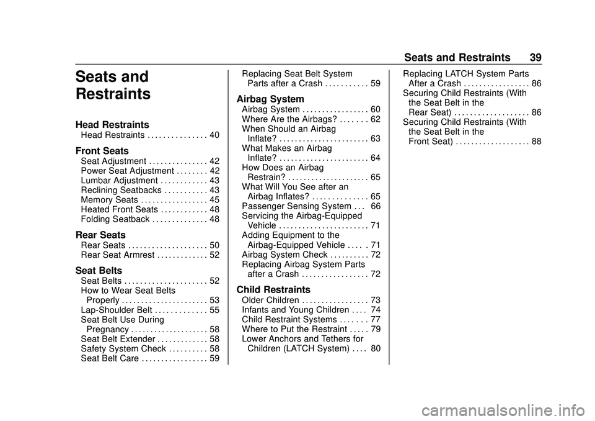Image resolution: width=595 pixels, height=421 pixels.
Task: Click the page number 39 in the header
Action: coord(535,57)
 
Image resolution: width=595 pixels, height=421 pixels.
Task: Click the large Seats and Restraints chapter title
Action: coord(112,86)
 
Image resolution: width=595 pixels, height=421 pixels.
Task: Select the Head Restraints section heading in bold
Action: coord(112,125)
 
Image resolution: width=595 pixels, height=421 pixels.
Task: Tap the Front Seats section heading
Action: coord(102,151)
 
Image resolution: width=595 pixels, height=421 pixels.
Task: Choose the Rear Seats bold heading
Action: coord(100,235)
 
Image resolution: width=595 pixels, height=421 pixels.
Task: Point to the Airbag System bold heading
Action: coord(270,99)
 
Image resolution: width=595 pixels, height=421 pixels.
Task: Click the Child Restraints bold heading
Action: coord(273,289)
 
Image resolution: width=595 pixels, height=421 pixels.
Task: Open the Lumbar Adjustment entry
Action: coord(118,180)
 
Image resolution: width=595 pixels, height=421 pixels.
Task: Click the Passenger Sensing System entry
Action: coord(288,206)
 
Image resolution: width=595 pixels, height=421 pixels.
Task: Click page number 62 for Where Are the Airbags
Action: coord(376,119)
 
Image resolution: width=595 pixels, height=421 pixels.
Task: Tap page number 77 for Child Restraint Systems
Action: coord(376,320)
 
